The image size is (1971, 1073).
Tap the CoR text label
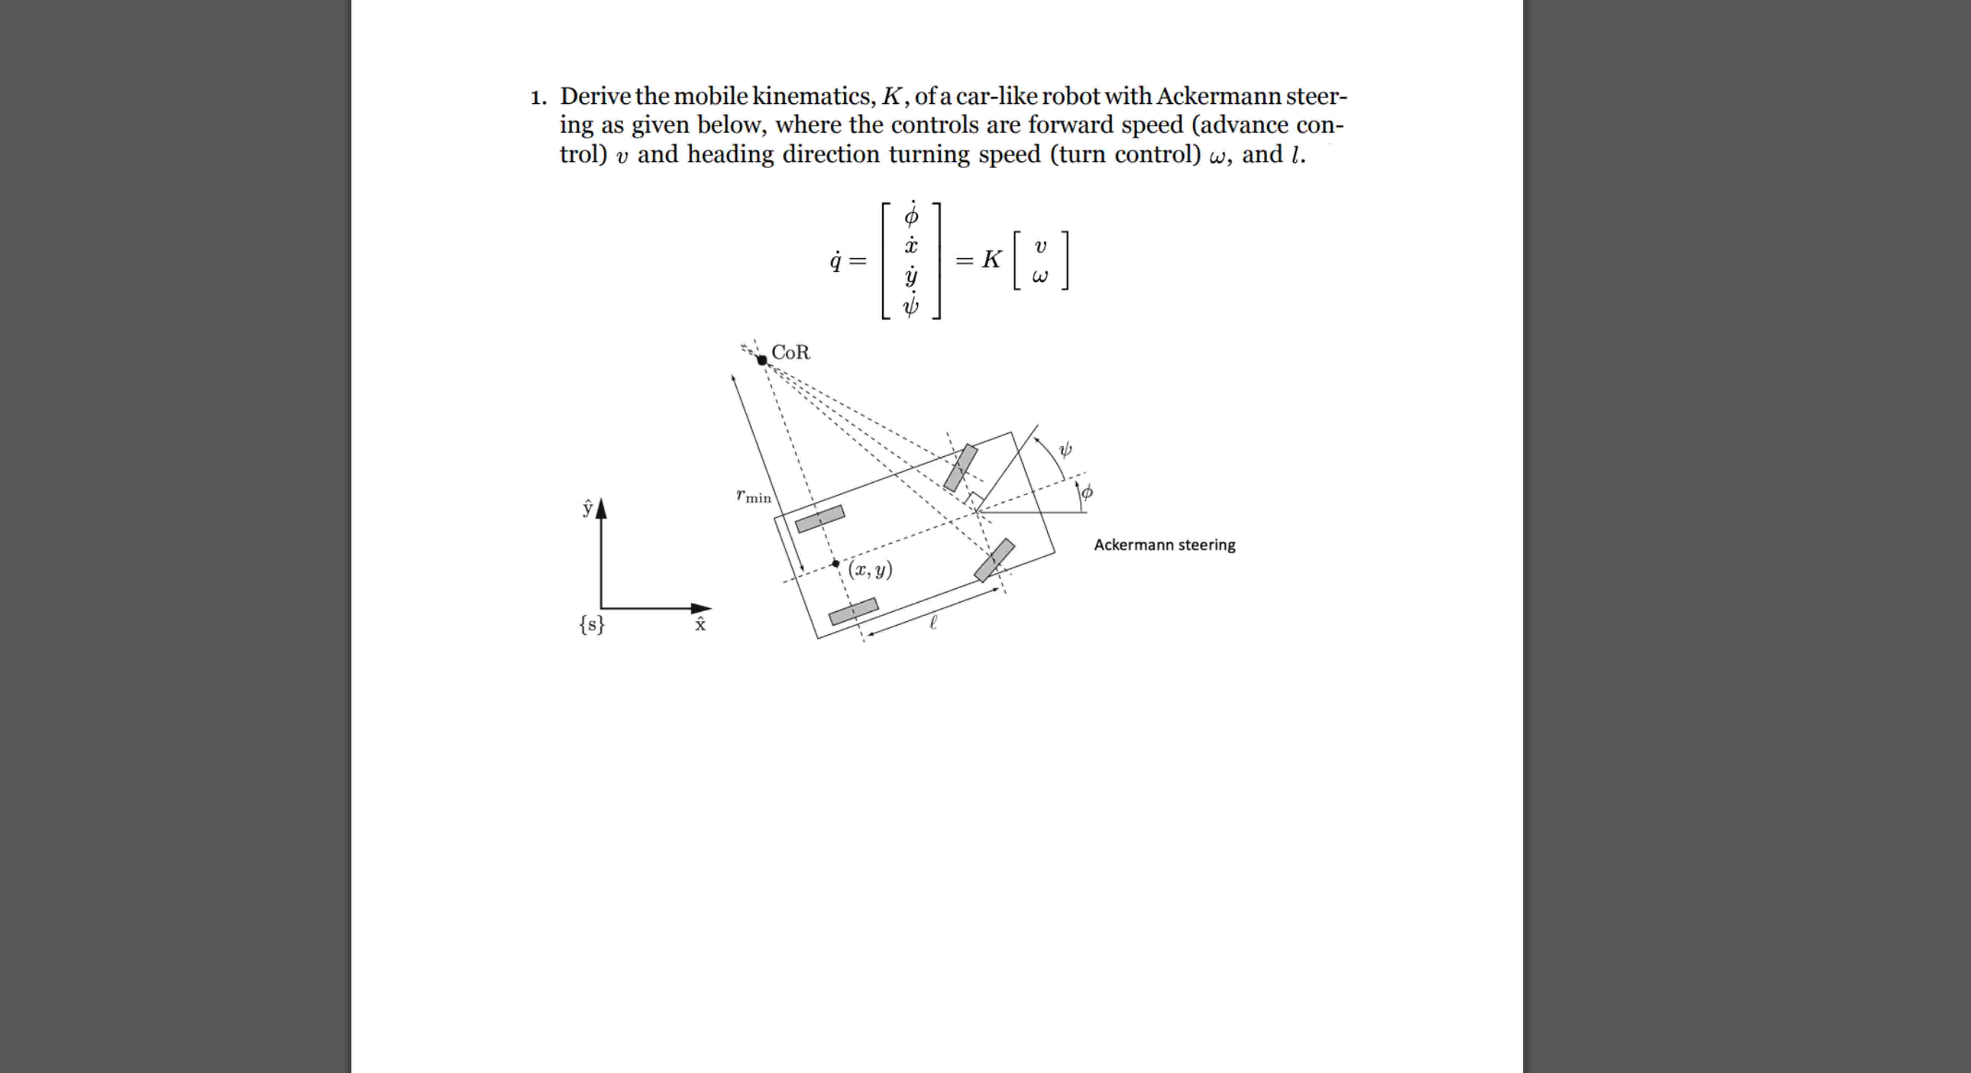[x=791, y=353]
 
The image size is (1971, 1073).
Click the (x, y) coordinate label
[x=870, y=570]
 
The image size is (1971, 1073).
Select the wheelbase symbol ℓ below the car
[x=933, y=623]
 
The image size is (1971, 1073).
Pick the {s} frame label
[x=591, y=625]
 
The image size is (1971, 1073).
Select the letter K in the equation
[x=992, y=260]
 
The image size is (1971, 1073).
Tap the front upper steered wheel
[x=960, y=467]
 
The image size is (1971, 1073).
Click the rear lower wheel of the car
[x=853, y=611]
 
